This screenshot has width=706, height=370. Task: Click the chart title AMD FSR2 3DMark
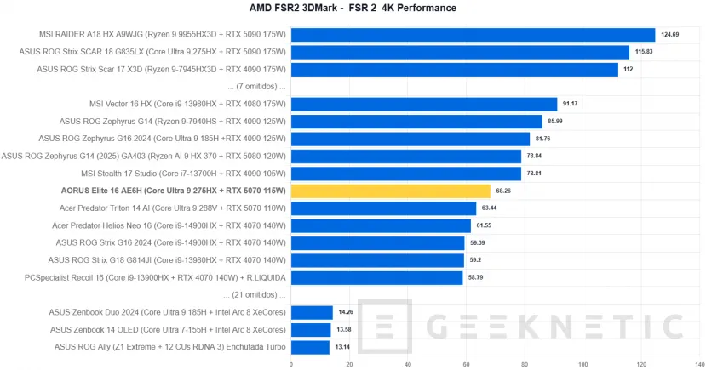353,9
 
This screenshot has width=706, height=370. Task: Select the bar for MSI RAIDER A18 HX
473,35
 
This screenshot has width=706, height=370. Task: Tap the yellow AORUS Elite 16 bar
391,191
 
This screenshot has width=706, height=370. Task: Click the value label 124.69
669,35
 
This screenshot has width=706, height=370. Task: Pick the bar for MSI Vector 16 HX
424,104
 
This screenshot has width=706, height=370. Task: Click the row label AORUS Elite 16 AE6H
174,191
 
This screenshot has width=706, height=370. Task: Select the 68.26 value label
504,191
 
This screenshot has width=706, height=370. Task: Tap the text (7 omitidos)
258,87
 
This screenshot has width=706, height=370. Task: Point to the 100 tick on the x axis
583,364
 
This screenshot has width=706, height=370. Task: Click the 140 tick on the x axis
699,364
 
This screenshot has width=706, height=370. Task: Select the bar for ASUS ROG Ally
310,347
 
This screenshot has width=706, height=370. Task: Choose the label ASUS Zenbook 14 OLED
167,329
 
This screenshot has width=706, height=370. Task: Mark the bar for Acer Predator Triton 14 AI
383,208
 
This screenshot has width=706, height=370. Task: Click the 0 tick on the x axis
291,364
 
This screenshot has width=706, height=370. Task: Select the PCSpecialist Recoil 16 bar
376,277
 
